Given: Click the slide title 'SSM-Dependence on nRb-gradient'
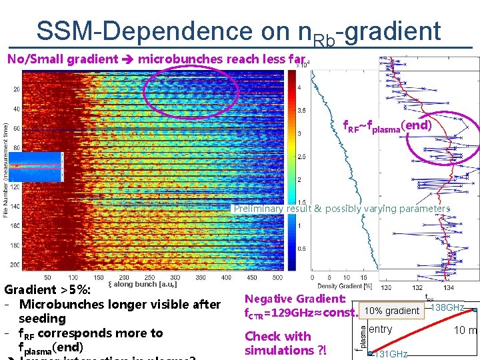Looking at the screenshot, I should point(239,32).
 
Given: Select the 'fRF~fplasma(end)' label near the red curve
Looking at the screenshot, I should point(387,125).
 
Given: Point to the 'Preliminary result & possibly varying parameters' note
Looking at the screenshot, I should point(341,209).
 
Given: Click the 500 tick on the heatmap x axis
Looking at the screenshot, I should point(277,277).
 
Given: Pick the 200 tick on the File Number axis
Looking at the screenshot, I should point(16,265).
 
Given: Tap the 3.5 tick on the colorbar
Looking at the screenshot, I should point(301,111).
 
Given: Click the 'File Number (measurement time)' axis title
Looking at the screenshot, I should point(6,170).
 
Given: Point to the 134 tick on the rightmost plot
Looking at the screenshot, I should point(448,287).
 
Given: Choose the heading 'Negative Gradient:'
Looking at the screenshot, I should point(295,299).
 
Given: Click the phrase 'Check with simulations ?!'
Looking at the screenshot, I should point(285,343).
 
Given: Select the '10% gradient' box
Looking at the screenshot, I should point(392,311).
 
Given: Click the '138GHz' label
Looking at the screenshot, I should point(447,307).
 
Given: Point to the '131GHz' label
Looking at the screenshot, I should point(391,354).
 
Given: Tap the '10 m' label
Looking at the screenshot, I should point(466,331).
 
